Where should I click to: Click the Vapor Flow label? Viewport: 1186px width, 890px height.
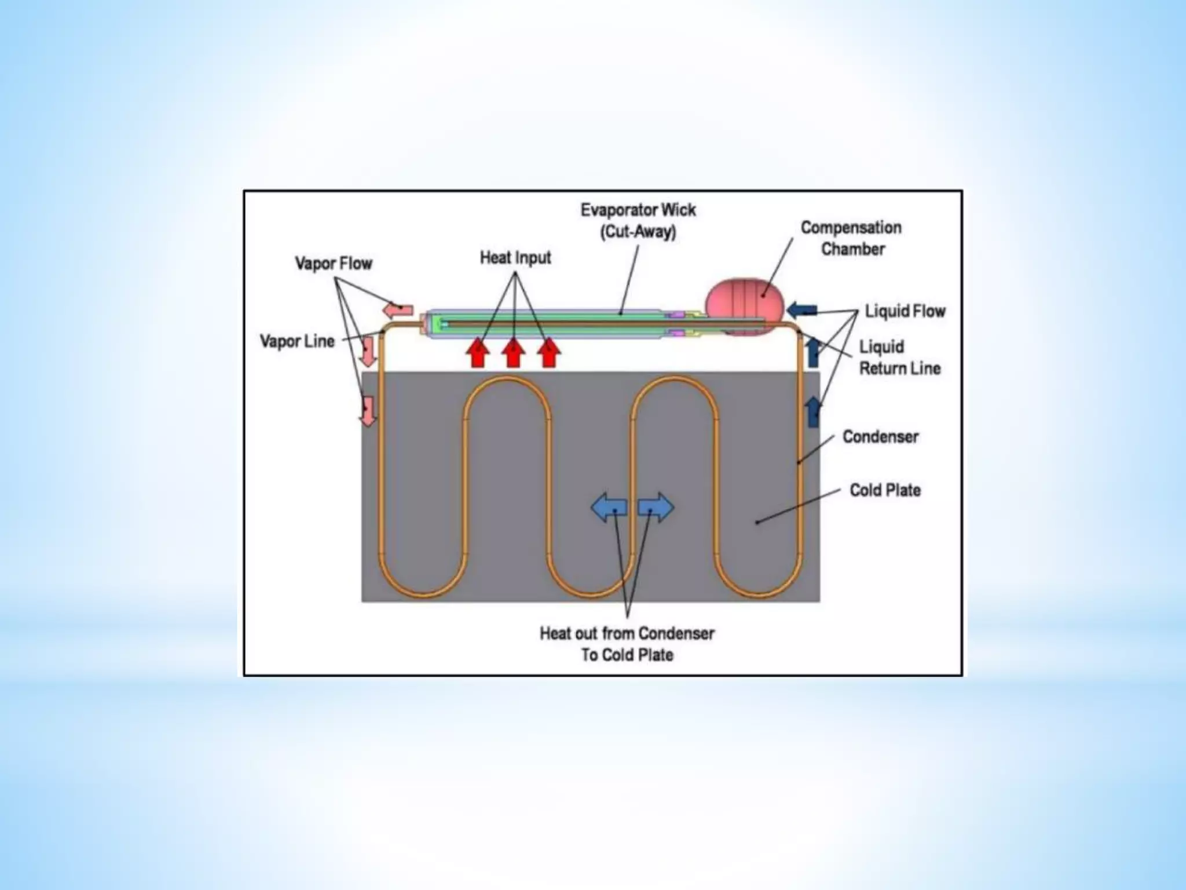(x=334, y=264)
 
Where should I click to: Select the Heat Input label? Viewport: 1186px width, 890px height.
(x=515, y=258)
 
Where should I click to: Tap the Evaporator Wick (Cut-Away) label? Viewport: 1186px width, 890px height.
(x=638, y=221)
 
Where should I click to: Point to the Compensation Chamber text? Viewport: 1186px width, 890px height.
(x=851, y=238)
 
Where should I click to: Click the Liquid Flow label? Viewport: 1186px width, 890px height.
(x=905, y=311)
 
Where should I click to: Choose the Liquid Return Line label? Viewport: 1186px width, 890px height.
(x=899, y=358)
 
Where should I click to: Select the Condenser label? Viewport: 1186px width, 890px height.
(x=880, y=436)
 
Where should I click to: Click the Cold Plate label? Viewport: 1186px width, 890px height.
(x=885, y=490)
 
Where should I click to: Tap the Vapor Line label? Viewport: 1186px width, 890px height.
(x=297, y=341)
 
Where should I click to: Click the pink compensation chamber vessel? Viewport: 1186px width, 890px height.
(x=745, y=301)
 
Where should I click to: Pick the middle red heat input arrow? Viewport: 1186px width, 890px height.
(x=513, y=353)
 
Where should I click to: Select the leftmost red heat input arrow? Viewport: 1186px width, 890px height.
(x=478, y=353)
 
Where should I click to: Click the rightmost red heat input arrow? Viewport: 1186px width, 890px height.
(x=548, y=353)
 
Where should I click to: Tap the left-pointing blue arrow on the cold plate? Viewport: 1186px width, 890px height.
(x=609, y=508)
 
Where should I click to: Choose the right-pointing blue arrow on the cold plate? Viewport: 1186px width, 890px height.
(x=656, y=508)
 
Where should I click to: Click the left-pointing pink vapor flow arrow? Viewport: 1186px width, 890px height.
(x=398, y=309)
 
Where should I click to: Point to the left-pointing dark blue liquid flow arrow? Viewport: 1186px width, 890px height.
(x=802, y=310)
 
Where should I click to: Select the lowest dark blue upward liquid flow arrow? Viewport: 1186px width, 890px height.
(x=813, y=411)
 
